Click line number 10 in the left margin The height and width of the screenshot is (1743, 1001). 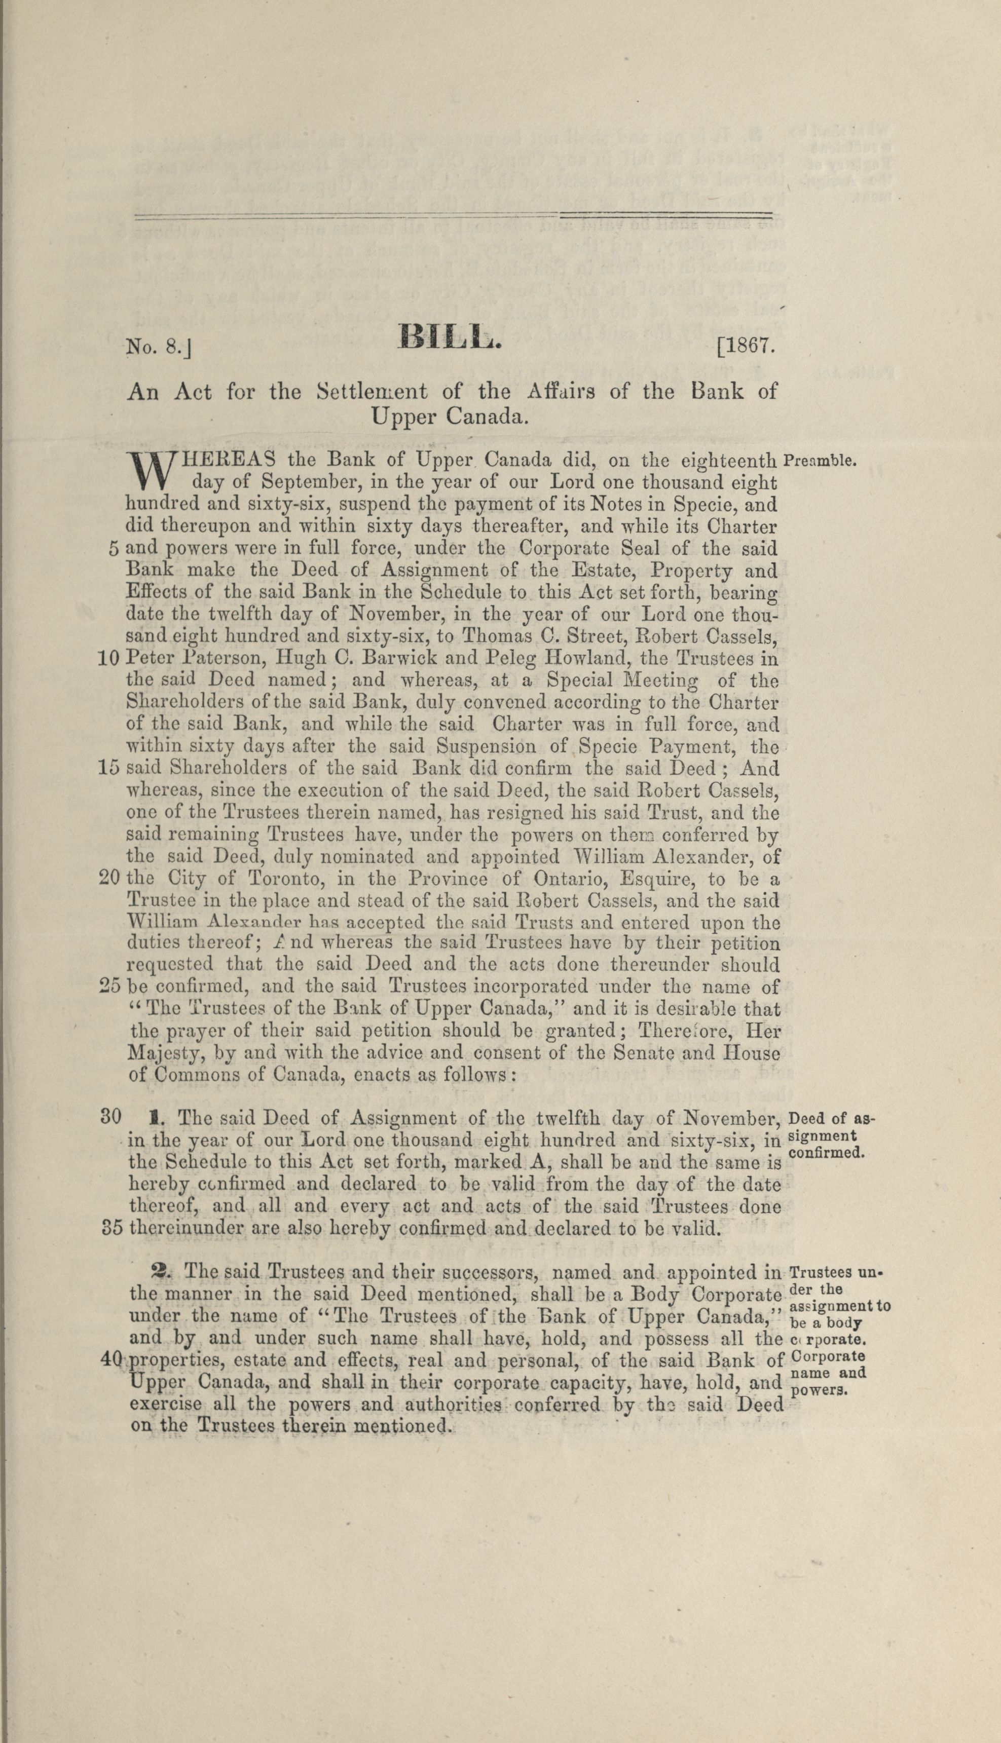[109, 658]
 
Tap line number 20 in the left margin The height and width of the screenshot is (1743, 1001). [109, 879]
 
